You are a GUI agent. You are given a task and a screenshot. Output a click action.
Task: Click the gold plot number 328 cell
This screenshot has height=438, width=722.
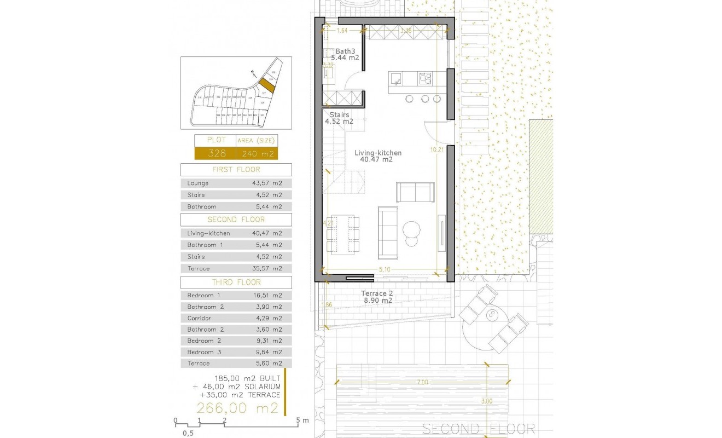(215, 153)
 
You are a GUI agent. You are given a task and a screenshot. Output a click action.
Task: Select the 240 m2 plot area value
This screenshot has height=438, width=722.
(257, 153)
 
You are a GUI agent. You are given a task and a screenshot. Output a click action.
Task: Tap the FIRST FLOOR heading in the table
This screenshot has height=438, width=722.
(236, 170)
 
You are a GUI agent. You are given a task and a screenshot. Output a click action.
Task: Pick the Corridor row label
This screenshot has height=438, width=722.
(199, 318)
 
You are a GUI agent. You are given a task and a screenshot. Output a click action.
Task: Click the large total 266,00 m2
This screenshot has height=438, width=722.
(238, 408)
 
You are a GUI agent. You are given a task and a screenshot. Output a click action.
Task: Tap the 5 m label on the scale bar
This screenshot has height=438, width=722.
(302, 420)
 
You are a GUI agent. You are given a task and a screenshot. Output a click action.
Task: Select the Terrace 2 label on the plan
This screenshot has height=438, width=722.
(377, 293)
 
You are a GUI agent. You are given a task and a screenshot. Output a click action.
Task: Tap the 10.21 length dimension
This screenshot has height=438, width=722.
(436, 149)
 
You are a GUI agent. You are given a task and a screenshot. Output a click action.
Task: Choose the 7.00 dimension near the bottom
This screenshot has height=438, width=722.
(421, 382)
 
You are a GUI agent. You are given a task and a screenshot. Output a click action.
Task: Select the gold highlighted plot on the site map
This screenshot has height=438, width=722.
(266, 85)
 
